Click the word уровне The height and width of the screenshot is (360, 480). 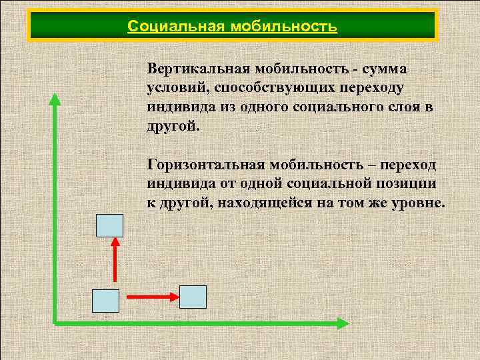pyautogui.click(x=417, y=203)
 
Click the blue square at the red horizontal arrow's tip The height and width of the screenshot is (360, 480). pyautogui.click(x=193, y=297)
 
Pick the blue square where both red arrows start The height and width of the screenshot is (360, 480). pyautogui.click(x=105, y=301)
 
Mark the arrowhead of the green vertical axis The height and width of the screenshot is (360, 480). pyautogui.click(x=55, y=99)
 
